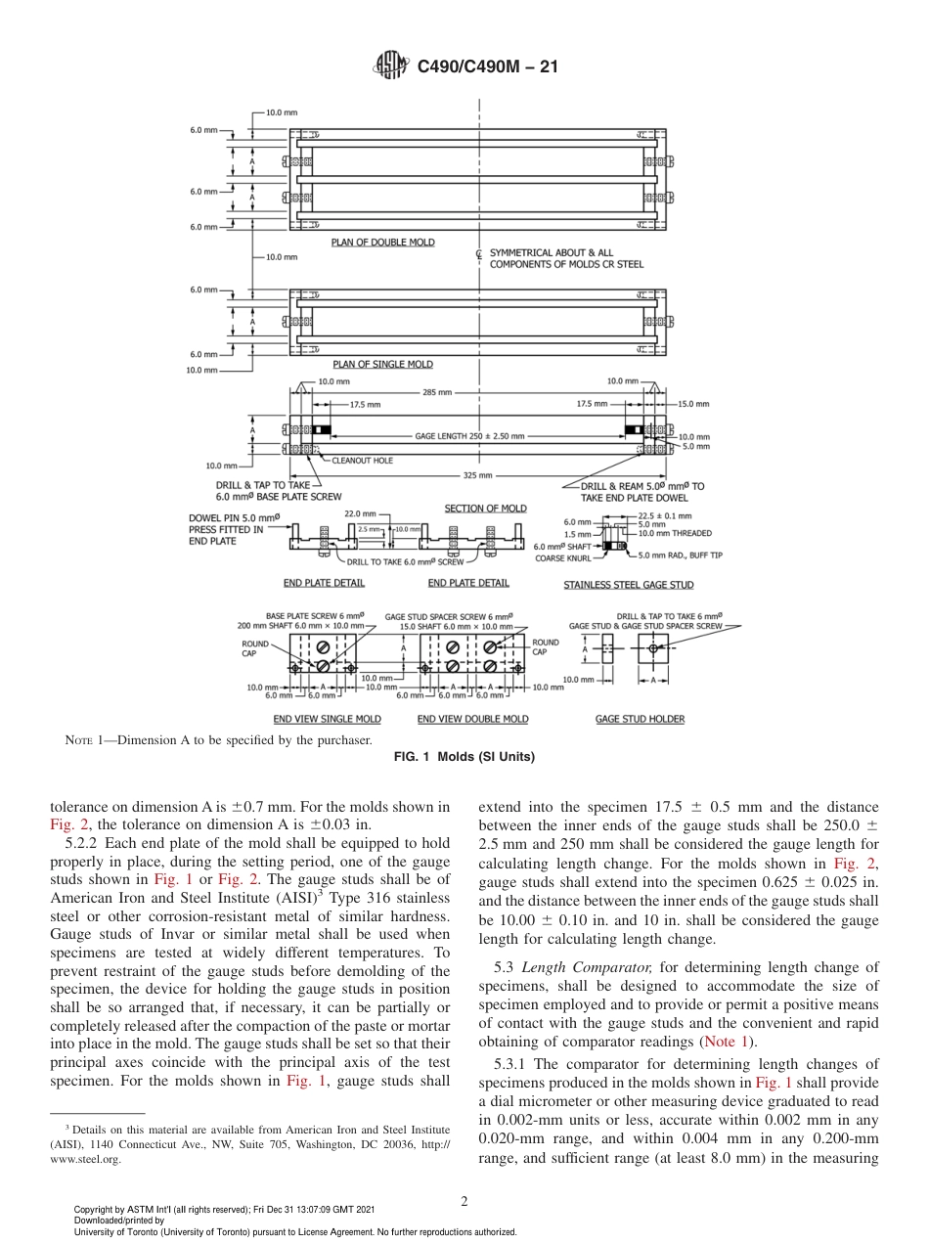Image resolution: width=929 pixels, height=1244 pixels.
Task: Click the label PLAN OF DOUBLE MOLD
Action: point(382,243)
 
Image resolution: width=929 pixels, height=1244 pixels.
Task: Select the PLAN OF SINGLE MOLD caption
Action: point(381,365)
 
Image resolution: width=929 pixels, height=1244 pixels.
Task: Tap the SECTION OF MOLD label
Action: point(485,509)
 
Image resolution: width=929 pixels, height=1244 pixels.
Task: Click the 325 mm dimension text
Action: point(479,475)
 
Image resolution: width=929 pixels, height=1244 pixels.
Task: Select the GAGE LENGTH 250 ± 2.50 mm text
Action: point(469,436)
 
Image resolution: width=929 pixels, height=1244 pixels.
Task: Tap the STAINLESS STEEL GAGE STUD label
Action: point(628,585)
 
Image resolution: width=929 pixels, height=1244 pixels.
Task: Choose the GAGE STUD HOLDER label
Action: point(640,719)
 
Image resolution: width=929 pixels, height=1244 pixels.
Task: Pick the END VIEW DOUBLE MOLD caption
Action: point(472,719)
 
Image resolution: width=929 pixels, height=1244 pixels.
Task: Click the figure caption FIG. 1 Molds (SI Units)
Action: point(464,757)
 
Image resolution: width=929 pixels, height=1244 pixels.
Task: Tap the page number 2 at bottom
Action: point(464,1202)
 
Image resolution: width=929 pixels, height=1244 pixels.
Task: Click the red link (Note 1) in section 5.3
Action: point(724,1042)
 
